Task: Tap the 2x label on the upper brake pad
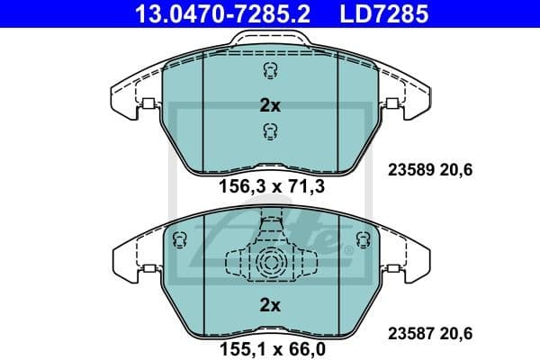point(270,105)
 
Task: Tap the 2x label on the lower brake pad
point(270,306)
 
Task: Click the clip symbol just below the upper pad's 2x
point(269,132)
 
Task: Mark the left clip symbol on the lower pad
point(178,239)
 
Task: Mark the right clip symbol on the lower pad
point(362,239)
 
